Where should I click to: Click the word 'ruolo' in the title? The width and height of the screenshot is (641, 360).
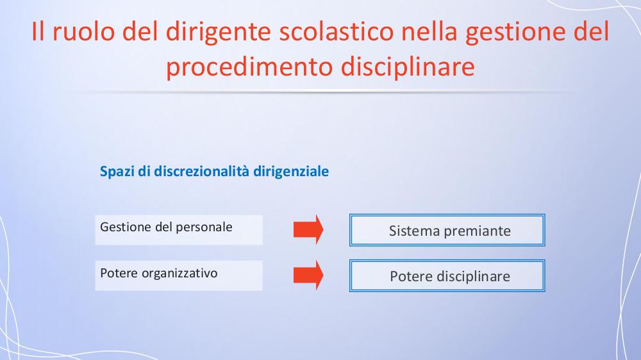[83, 31]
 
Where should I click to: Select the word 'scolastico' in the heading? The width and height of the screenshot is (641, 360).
[336, 31]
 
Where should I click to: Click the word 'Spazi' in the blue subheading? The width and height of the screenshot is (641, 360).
[117, 172]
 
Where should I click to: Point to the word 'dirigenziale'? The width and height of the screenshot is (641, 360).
[291, 172]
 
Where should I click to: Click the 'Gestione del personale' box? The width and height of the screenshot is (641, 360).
[179, 230]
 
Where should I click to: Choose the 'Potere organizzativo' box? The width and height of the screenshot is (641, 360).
[179, 276]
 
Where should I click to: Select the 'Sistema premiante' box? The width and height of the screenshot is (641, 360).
[447, 230]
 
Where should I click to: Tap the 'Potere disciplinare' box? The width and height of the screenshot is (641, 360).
[447, 276]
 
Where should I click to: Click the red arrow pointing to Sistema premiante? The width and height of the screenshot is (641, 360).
[308, 230]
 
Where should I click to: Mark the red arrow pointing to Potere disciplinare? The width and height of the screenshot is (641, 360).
[308, 275]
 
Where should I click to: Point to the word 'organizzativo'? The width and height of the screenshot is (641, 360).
[179, 274]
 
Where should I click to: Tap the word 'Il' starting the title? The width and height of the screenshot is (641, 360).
[38, 31]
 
